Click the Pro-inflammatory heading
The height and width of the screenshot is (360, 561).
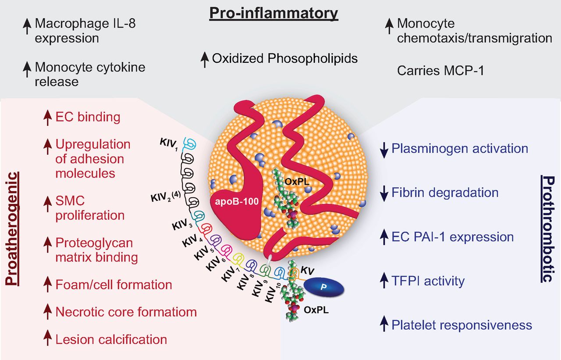[274, 13]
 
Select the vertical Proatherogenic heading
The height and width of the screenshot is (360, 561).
[12, 229]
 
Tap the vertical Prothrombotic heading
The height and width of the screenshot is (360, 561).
[548, 229]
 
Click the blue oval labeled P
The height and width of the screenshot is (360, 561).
[323, 287]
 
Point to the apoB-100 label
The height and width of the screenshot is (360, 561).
[237, 201]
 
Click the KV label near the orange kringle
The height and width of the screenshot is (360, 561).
[307, 271]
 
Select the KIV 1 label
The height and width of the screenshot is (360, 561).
[169, 145]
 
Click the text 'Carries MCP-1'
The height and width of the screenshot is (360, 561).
[440, 71]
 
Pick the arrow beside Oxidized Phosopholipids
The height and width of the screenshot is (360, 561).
[205, 60]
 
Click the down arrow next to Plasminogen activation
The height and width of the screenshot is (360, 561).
[384, 150]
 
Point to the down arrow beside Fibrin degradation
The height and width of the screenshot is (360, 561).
[384, 194]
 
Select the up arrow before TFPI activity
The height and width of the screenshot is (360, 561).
[384, 281]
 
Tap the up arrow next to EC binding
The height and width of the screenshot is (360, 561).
[47, 118]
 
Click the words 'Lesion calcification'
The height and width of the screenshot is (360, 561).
[111, 340]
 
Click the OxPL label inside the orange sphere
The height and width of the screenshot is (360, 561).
[297, 182]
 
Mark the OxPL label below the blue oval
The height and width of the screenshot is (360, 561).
[316, 310]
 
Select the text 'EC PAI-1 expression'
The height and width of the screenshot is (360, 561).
[453, 237]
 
